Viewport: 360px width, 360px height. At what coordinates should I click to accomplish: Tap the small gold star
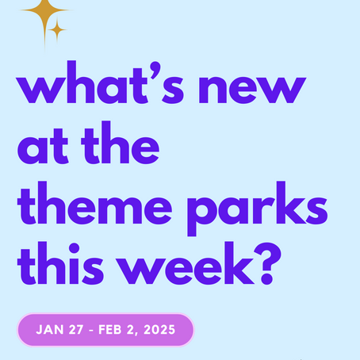56,30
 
